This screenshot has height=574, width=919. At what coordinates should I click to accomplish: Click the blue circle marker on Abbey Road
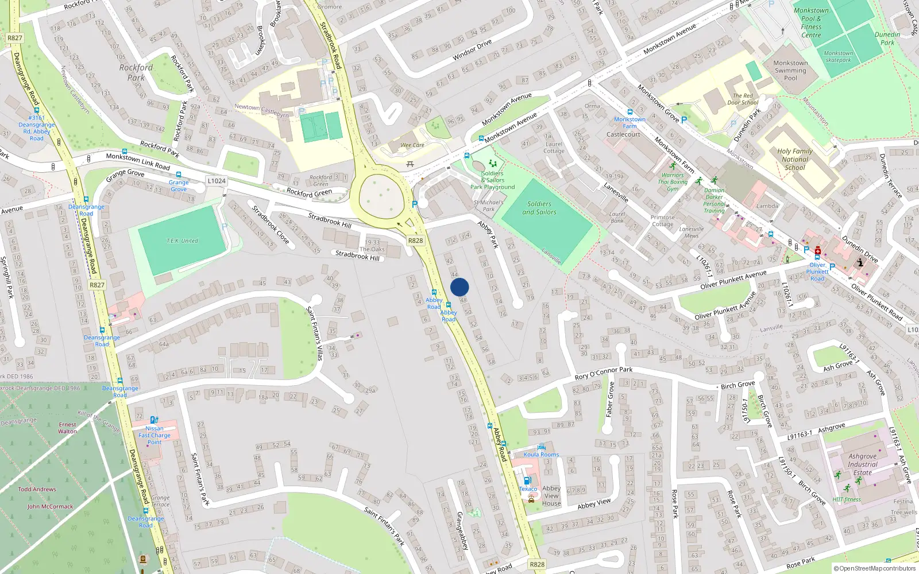459,287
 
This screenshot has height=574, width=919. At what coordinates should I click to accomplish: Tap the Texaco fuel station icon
527,480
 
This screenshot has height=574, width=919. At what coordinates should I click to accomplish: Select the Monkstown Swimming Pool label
790,71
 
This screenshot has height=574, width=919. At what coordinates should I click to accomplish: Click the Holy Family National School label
795,160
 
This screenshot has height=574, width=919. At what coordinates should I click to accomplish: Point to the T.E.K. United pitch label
182,241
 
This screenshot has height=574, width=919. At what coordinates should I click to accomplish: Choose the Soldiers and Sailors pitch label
539,208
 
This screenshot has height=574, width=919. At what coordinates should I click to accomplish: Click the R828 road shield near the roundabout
415,241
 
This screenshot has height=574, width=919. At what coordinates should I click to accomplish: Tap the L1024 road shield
217,181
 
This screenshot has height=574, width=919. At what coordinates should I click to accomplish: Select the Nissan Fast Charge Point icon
154,420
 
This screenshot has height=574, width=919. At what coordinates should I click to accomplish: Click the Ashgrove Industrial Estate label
862,464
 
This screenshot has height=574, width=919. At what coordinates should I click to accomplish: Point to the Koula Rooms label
541,455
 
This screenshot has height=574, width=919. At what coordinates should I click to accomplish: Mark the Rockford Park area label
136,72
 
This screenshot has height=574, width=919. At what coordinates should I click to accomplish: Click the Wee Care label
412,145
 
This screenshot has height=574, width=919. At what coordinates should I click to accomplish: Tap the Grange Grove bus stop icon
179,174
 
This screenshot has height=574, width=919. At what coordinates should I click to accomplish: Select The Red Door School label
743,99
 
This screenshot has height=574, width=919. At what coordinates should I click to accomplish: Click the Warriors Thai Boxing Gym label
673,182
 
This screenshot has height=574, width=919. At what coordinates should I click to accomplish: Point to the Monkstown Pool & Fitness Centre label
811,23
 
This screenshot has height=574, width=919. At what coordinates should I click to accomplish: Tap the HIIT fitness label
847,499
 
